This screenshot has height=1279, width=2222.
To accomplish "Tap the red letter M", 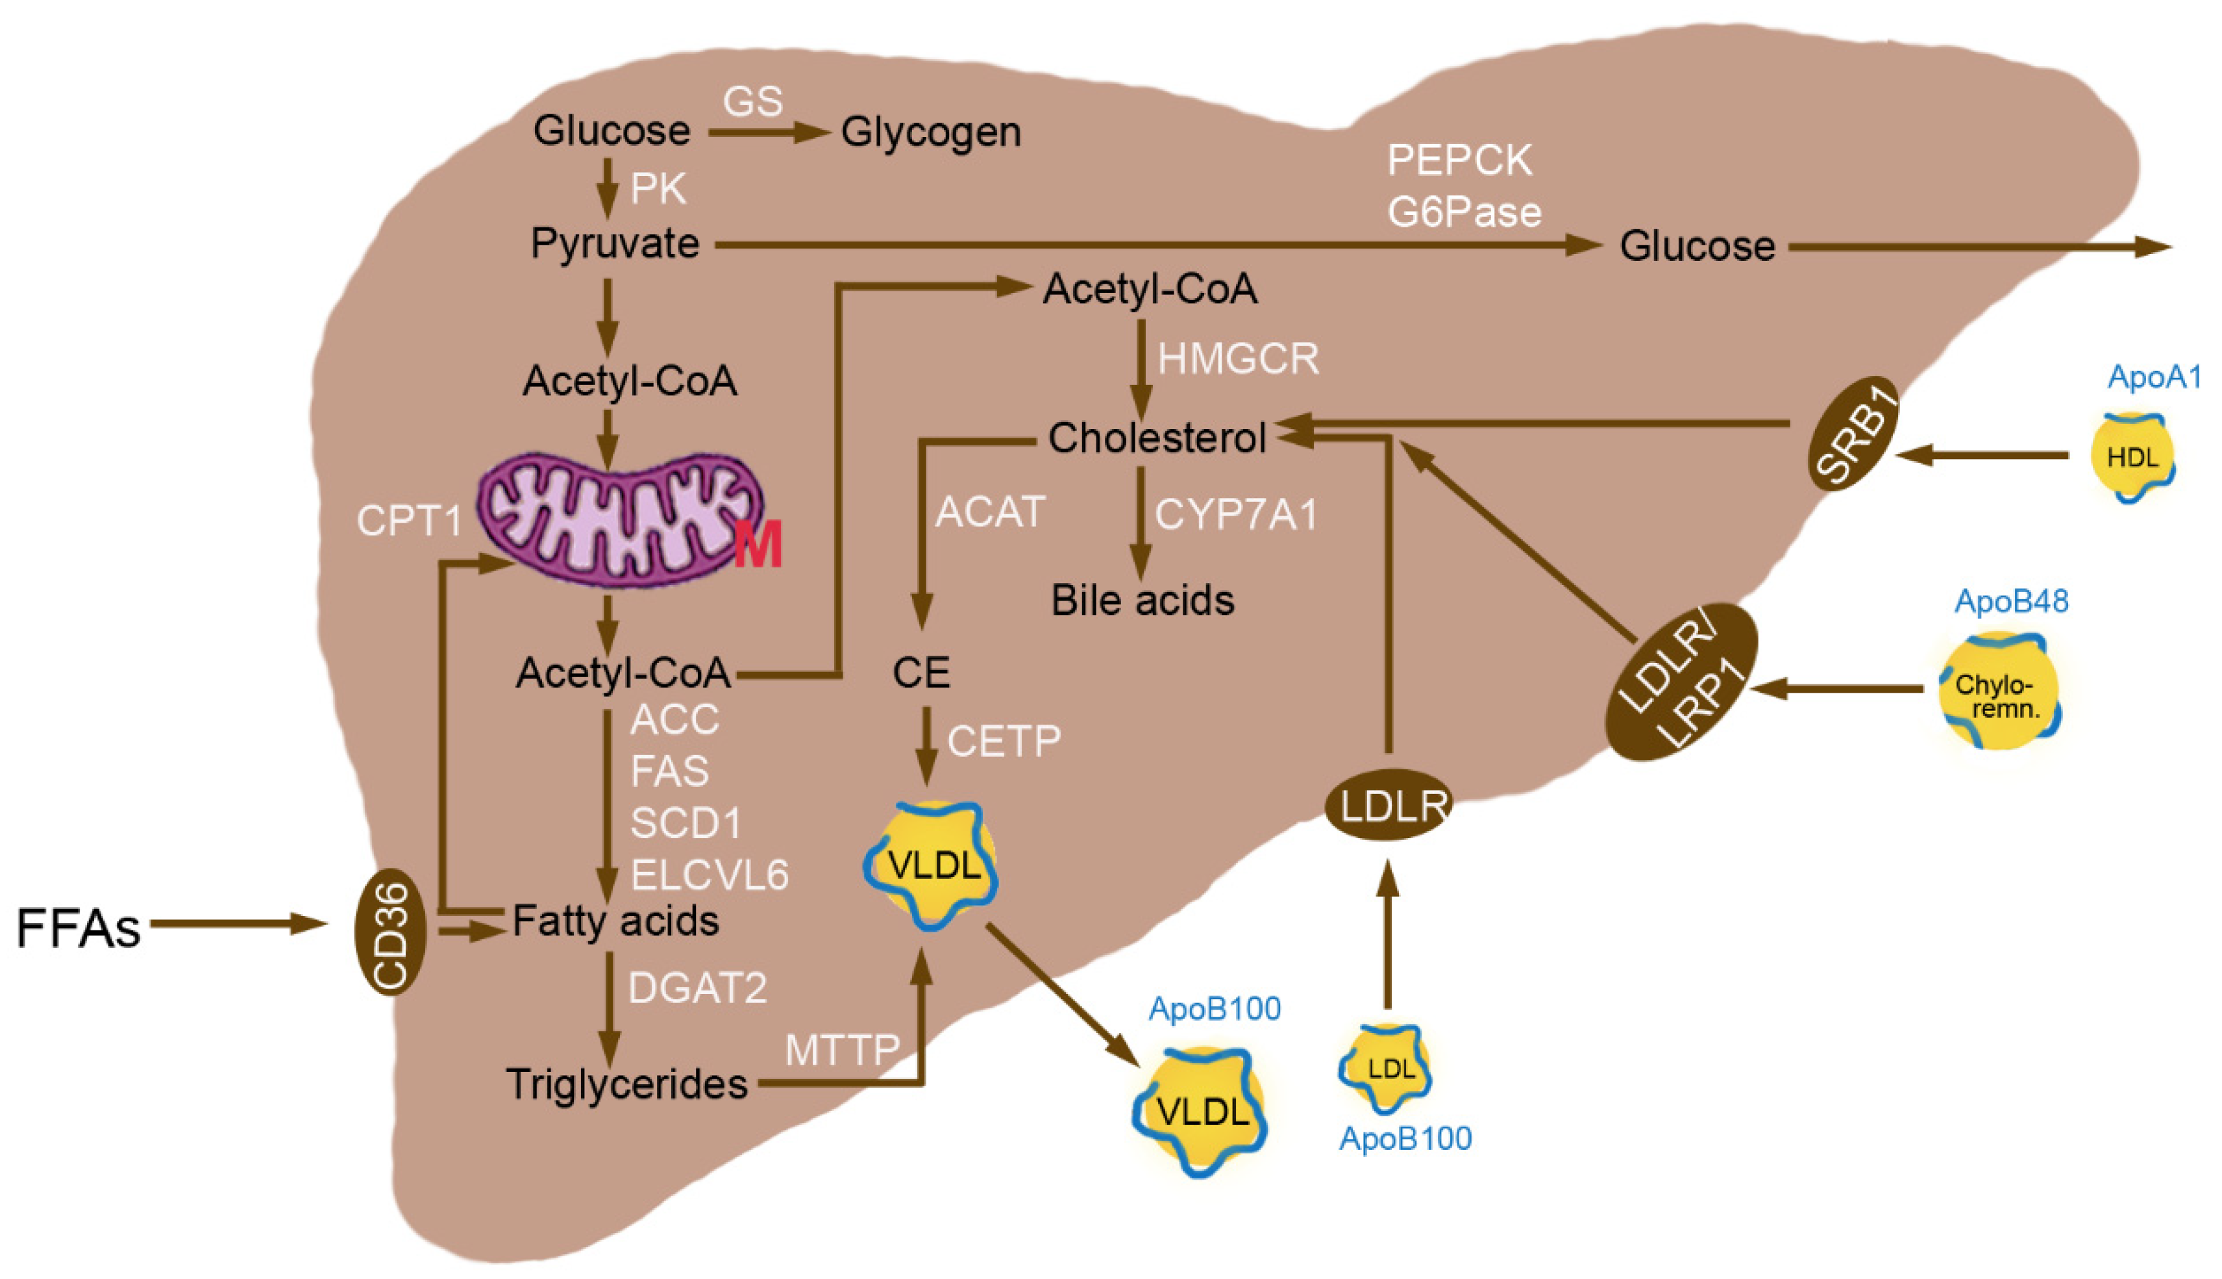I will pos(757,545).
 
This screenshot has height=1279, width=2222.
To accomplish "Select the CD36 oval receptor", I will pos(391,931).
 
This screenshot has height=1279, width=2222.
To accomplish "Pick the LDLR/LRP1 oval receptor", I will pos(1680,682).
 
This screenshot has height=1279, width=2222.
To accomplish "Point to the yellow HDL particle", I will pos(2132,457).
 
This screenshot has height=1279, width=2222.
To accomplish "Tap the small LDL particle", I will pos(1386,1067).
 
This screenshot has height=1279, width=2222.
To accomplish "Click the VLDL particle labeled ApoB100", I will pos(1202,1111).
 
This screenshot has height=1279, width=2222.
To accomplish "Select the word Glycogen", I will pos(931,132).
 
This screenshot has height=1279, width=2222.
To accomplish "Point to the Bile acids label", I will pos(1142,601).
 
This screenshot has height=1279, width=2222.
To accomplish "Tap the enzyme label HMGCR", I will pos(1237,359).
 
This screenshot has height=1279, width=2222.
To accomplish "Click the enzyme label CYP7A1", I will pos(1236,515).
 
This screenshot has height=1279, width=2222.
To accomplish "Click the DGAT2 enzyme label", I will pos(697,988).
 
